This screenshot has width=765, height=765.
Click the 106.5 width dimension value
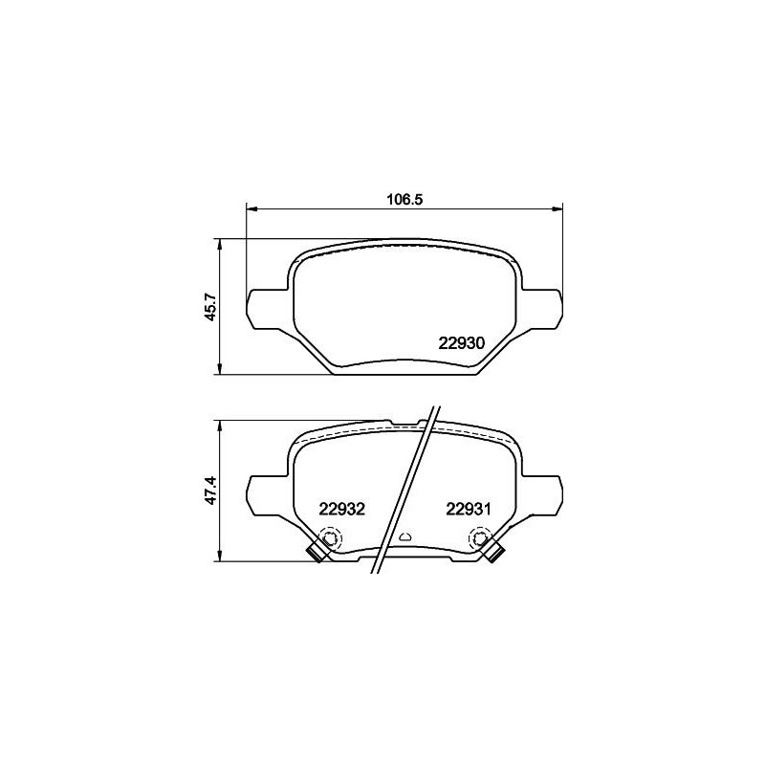(x=404, y=199)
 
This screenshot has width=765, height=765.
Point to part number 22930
(x=463, y=343)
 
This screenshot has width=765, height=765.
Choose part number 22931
(x=468, y=510)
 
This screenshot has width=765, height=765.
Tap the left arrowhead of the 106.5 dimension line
(x=251, y=208)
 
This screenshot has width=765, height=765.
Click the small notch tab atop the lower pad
(x=405, y=421)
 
